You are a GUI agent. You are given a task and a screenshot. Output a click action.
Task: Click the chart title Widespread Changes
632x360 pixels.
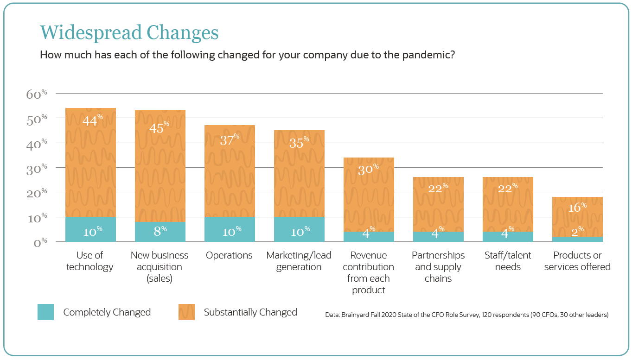[129, 32]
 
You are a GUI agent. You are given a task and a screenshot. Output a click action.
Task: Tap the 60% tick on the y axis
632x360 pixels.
[37, 94]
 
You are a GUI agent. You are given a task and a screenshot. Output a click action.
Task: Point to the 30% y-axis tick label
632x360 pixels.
[37, 168]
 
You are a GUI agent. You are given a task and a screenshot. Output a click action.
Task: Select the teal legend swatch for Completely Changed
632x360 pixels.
[45, 312]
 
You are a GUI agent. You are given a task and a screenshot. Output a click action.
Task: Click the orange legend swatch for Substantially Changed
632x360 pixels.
[186, 312]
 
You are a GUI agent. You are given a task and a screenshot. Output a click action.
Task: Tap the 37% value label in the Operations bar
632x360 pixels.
[230, 140]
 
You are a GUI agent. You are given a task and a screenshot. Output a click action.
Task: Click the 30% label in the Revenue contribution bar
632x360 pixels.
[368, 170]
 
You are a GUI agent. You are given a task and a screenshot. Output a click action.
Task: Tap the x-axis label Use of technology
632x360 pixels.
[90, 261]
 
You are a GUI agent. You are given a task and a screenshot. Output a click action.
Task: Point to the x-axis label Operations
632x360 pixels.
[229, 255]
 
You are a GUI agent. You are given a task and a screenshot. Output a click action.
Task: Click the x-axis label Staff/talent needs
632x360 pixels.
[508, 261]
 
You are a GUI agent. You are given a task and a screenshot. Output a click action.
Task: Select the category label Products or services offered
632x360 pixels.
[577, 261]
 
